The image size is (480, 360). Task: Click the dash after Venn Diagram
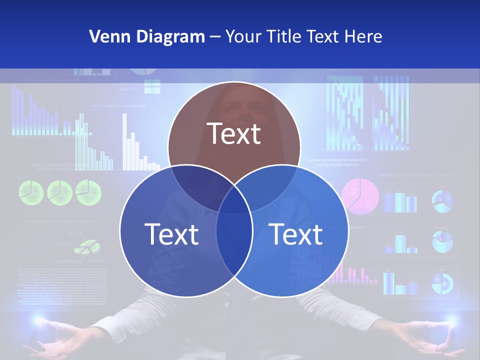(215, 37)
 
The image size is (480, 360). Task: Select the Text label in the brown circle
(234, 133)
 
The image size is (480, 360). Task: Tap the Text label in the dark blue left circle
(171, 233)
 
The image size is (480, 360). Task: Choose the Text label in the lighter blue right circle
(296, 233)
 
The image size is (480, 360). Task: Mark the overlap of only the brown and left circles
(197, 182)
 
